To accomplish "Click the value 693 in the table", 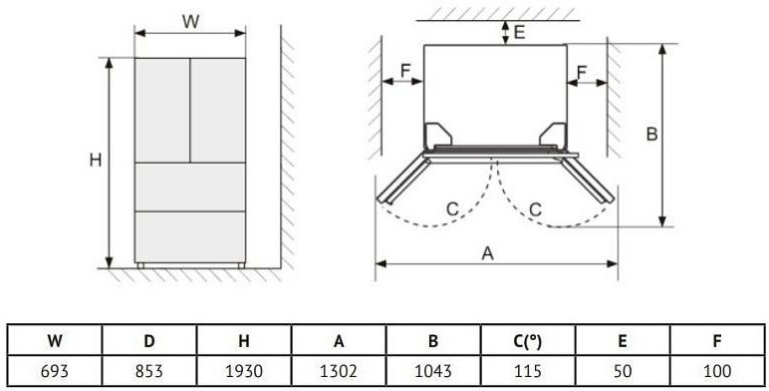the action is [x=55, y=371].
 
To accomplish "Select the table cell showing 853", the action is [x=149, y=371].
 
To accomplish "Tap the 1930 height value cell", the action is [x=244, y=371].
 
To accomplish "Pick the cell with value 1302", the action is [x=339, y=371].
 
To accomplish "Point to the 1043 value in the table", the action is [x=433, y=371].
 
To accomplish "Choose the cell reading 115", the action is [x=528, y=371].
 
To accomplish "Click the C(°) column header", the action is [x=528, y=340].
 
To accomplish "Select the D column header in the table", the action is [x=149, y=340].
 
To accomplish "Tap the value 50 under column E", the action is [x=623, y=371].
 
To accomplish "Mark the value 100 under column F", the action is [x=717, y=371].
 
